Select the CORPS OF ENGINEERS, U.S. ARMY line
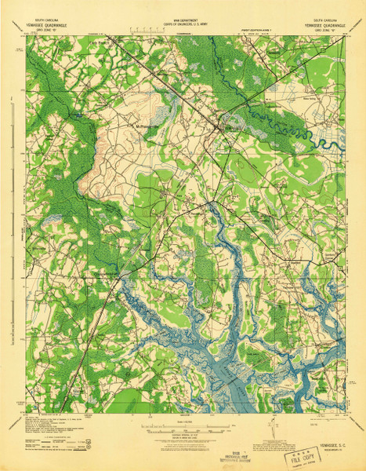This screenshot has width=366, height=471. [183, 24]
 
